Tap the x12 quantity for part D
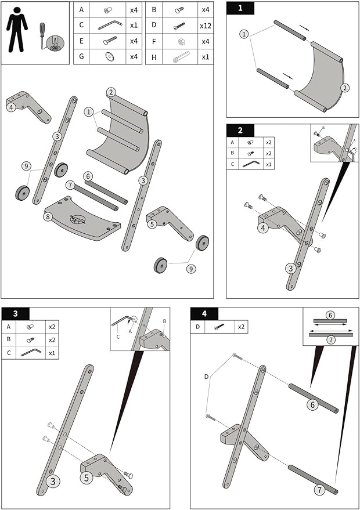[x=204, y=26]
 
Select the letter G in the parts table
[x=81, y=56]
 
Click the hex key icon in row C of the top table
[x=109, y=26]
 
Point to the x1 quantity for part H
[x=204, y=56]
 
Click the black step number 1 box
[x=240, y=8]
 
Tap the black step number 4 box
[x=204, y=314]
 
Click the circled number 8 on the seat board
[x=49, y=217]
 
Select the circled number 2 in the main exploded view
[x=111, y=92]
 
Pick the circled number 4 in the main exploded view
[x=12, y=106]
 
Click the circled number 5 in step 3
[x=86, y=479]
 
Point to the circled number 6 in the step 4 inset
[x=330, y=315]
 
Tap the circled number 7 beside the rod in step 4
[x=319, y=490]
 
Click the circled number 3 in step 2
[x=290, y=268]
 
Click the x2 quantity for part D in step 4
[x=240, y=327]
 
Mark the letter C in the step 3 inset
[x=118, y=337]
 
